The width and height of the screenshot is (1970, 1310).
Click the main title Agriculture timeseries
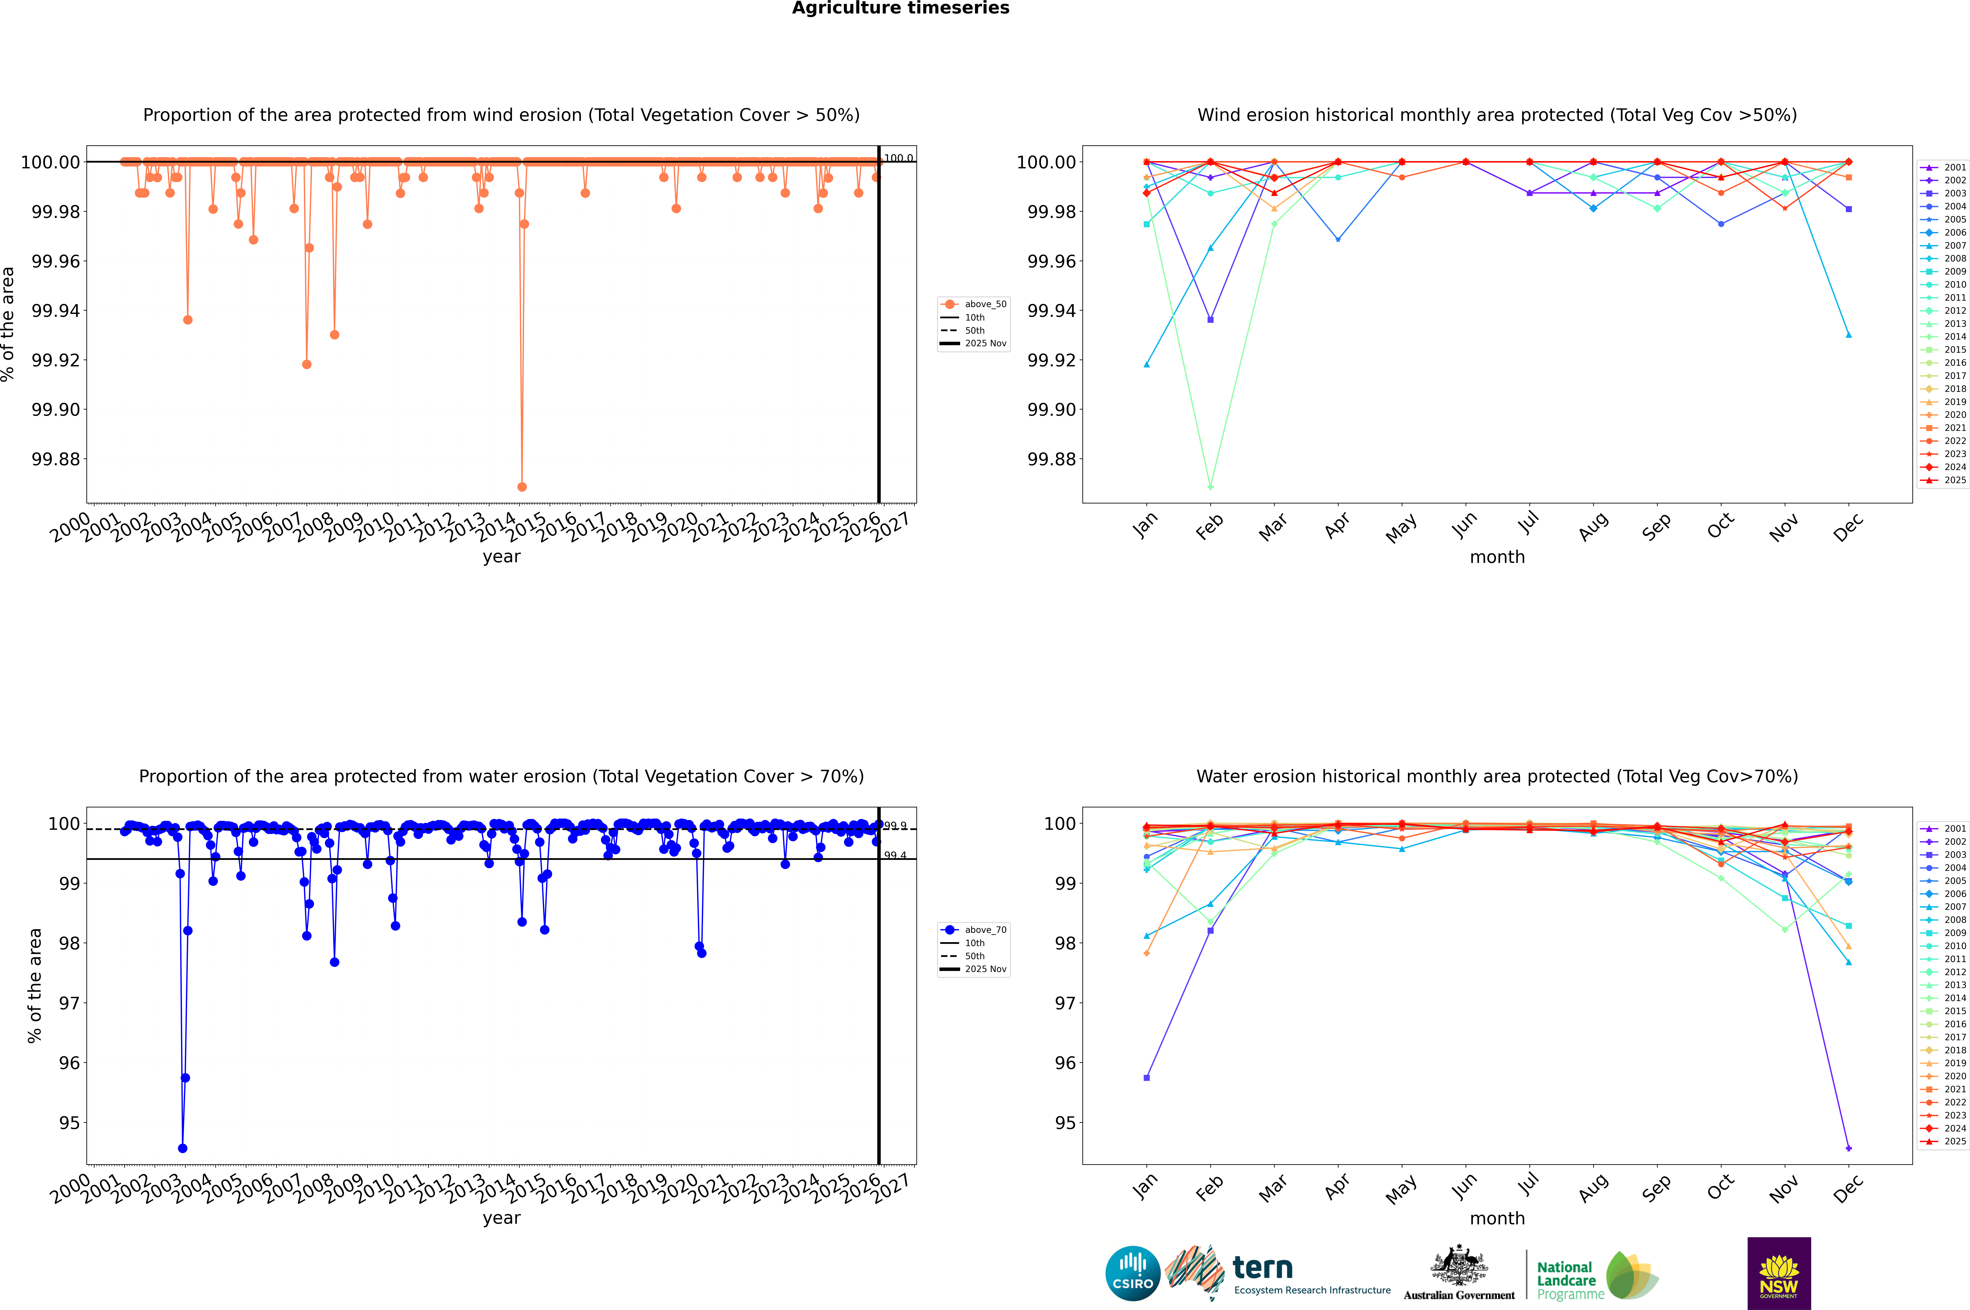[900, 8]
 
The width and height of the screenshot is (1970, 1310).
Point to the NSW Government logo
[1779, 1273]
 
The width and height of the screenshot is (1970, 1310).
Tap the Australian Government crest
[1459, 1270]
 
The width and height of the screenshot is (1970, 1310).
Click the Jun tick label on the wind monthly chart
[1464, 526]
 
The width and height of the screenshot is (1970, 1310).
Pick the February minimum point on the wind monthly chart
[1210, 486]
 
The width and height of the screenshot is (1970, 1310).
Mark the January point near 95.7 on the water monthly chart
[1147, 1078]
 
